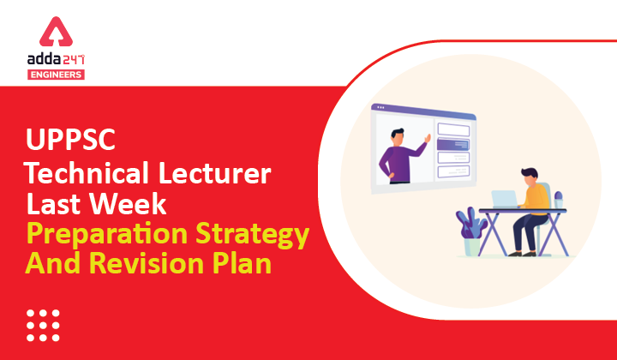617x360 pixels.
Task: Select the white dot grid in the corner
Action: point(44,325)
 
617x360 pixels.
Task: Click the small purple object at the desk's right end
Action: point(560,199)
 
